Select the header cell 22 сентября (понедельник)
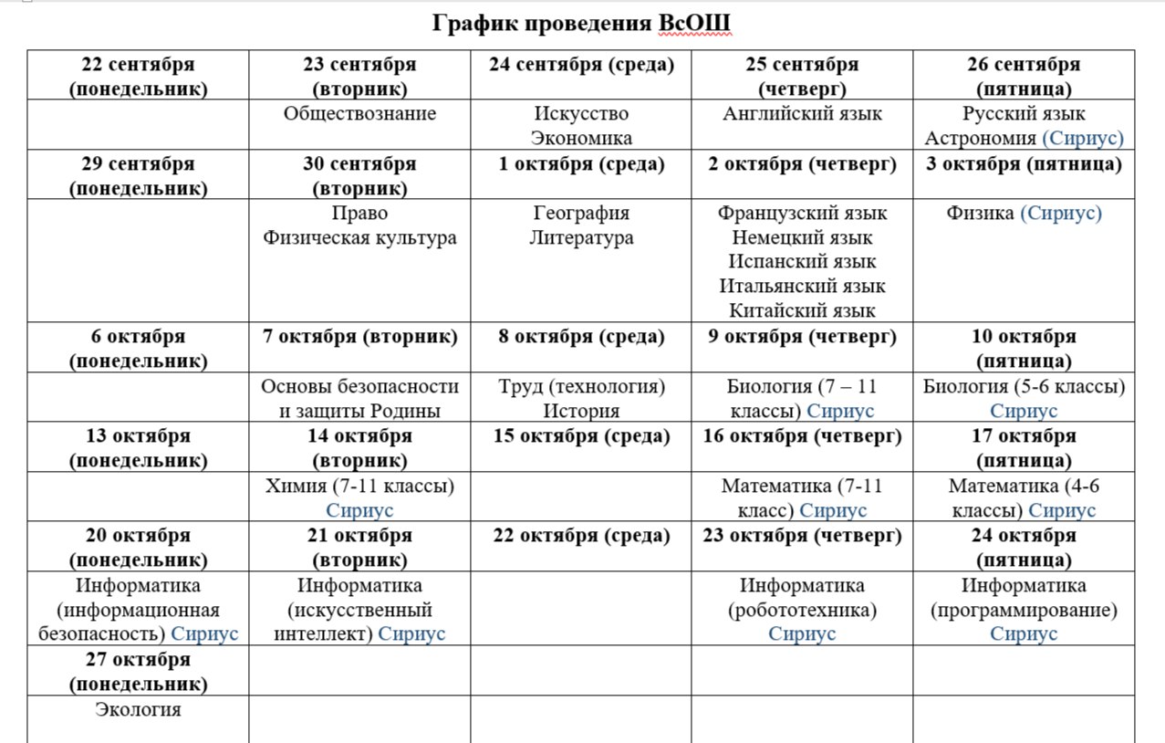point(138,77)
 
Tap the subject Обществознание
point(359,114)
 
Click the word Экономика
point(581,139)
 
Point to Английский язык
point(802,114)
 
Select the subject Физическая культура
point(359,238)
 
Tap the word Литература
point(581,238)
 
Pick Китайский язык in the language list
point(802,311)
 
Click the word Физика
point(980,214)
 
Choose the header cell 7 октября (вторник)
point(359,337)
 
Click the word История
point(581,412)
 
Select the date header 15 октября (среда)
point(581,436)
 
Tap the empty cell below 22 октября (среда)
point(581,608)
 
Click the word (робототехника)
point(802,610)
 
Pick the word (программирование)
point(1024,610)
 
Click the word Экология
point(138,710)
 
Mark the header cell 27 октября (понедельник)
point(138,671)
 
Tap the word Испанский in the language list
point(775,262)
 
